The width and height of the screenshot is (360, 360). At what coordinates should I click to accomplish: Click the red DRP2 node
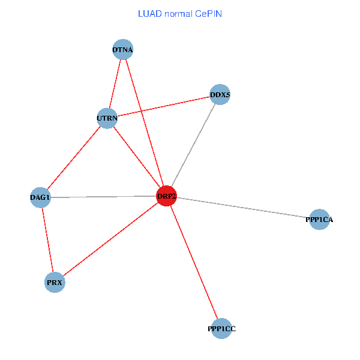tap(166, 196)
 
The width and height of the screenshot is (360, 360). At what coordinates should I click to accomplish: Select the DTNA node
tap(122, 49)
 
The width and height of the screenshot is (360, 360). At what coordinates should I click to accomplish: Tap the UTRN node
tap(107, 118)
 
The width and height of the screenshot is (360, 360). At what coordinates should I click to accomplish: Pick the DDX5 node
tap(220, 95)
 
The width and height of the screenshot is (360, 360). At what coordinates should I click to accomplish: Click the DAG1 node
tap(40, 197)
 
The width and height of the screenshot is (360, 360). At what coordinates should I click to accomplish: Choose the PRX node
tap(55, 282)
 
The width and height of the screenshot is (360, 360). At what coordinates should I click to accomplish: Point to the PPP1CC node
tap(221, 328)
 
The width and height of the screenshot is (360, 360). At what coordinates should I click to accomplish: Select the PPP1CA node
tap(319, 220)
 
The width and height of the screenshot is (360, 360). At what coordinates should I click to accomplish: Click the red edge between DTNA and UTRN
tap(115, 84)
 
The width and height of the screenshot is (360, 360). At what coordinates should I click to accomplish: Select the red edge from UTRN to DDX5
tap(163, 107)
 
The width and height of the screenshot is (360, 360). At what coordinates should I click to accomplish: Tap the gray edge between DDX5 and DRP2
tap(193, 146)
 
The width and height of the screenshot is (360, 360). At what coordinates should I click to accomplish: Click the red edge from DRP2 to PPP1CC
tap(194, 262)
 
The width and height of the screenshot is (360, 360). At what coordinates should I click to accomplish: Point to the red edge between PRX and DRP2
tap(110, 239)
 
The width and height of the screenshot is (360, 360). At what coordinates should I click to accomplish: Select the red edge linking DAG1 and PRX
tap(47, 240)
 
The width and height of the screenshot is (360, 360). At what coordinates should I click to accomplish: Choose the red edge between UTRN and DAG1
tap(73, 158)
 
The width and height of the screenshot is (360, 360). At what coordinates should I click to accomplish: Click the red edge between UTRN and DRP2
tap(137, 157)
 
